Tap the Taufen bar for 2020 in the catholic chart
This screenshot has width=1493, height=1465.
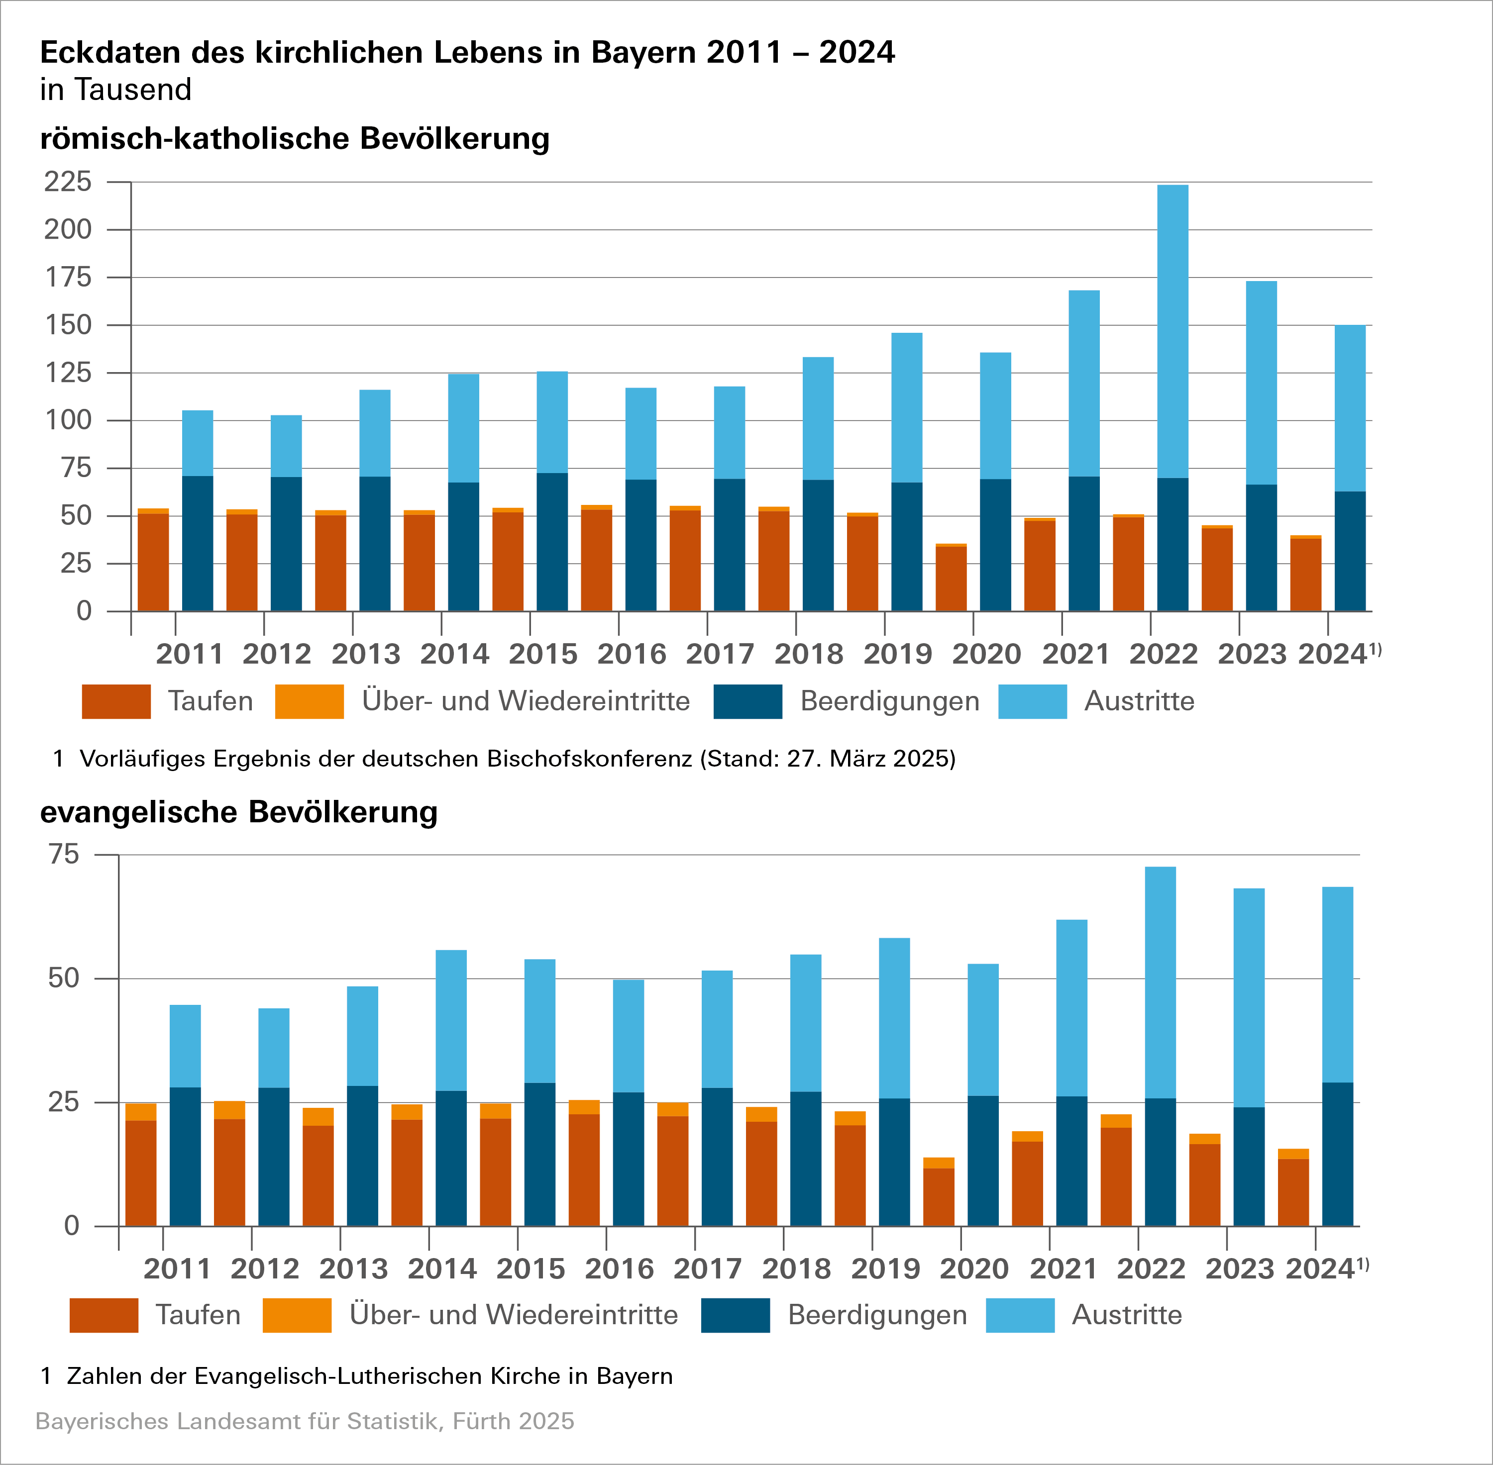click(x=951, y=579)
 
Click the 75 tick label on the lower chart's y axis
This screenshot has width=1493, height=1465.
click(x=63, y=854)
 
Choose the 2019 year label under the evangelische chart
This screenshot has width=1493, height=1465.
click(x=885, y=1269)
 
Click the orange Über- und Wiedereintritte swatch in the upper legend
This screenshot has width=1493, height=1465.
click(x=310, y=701)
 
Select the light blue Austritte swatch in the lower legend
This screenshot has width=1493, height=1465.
click(x=1020, y=1315)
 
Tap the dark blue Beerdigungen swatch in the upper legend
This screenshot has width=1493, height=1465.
click(x=747, y=701)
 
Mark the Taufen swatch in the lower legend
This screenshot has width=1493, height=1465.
click(x=104, y=1315)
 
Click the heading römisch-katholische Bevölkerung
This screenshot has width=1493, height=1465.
click(x=295, y=138)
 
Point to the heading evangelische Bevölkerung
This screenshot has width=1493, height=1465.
click(x=238, y=812)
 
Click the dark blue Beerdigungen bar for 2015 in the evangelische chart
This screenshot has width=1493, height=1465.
click(x=539, y=1154)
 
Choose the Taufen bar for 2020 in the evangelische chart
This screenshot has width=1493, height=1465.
click(x=939, y=1196)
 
